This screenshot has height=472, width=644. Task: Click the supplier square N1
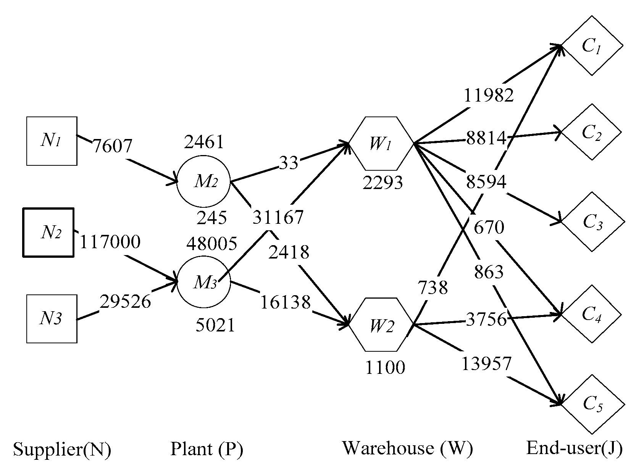tap(52, 141)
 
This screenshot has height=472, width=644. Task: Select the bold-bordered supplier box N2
tap(48, 232)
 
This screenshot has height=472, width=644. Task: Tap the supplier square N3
tap(52, 318)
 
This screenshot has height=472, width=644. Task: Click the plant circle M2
tap(203, 182)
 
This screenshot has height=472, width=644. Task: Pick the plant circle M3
tap(203, 283)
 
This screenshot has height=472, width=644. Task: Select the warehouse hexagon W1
tap(381, 144)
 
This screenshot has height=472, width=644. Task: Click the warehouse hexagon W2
tap(381, 325)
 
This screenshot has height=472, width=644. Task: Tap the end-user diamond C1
tap(592, 46)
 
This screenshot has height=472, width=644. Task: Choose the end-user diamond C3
tap(592, 222)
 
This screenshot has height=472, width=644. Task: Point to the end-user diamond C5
tap(592, 404)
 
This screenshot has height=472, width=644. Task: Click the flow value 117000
tap(110, 242)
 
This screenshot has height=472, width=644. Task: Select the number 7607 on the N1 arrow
tap(112, 146)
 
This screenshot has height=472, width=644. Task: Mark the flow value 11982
tap(488, 95)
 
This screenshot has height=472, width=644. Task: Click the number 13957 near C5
tap(486, 364)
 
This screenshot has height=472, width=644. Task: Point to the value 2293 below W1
tap(383, 183)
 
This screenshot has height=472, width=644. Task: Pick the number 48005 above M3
tap(211, 244)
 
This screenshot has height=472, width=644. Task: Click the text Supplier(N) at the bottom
tap(62, 449)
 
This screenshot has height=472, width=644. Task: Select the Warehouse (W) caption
tap(407, 448)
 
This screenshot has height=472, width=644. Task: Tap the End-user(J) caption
tap(574, 448)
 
